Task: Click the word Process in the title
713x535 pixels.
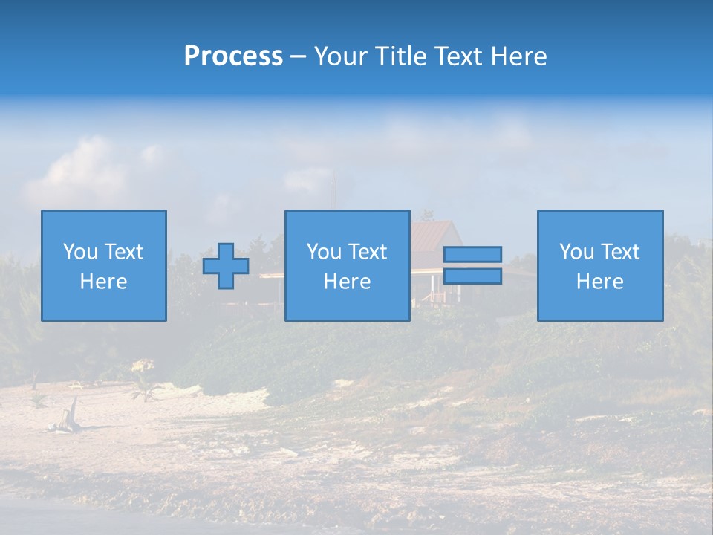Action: (233, 56)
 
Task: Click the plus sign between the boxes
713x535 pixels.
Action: (226, 266)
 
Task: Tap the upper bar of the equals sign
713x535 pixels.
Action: (472, 255)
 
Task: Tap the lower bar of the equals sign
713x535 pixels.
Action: (472, 276)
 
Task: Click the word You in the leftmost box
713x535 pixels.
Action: (80, 252)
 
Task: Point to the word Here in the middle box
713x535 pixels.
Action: (347, 282)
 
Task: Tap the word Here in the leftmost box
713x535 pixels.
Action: (104, 282)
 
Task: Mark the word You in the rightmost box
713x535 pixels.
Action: (576, 252)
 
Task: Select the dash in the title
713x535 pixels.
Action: (298, 57)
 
